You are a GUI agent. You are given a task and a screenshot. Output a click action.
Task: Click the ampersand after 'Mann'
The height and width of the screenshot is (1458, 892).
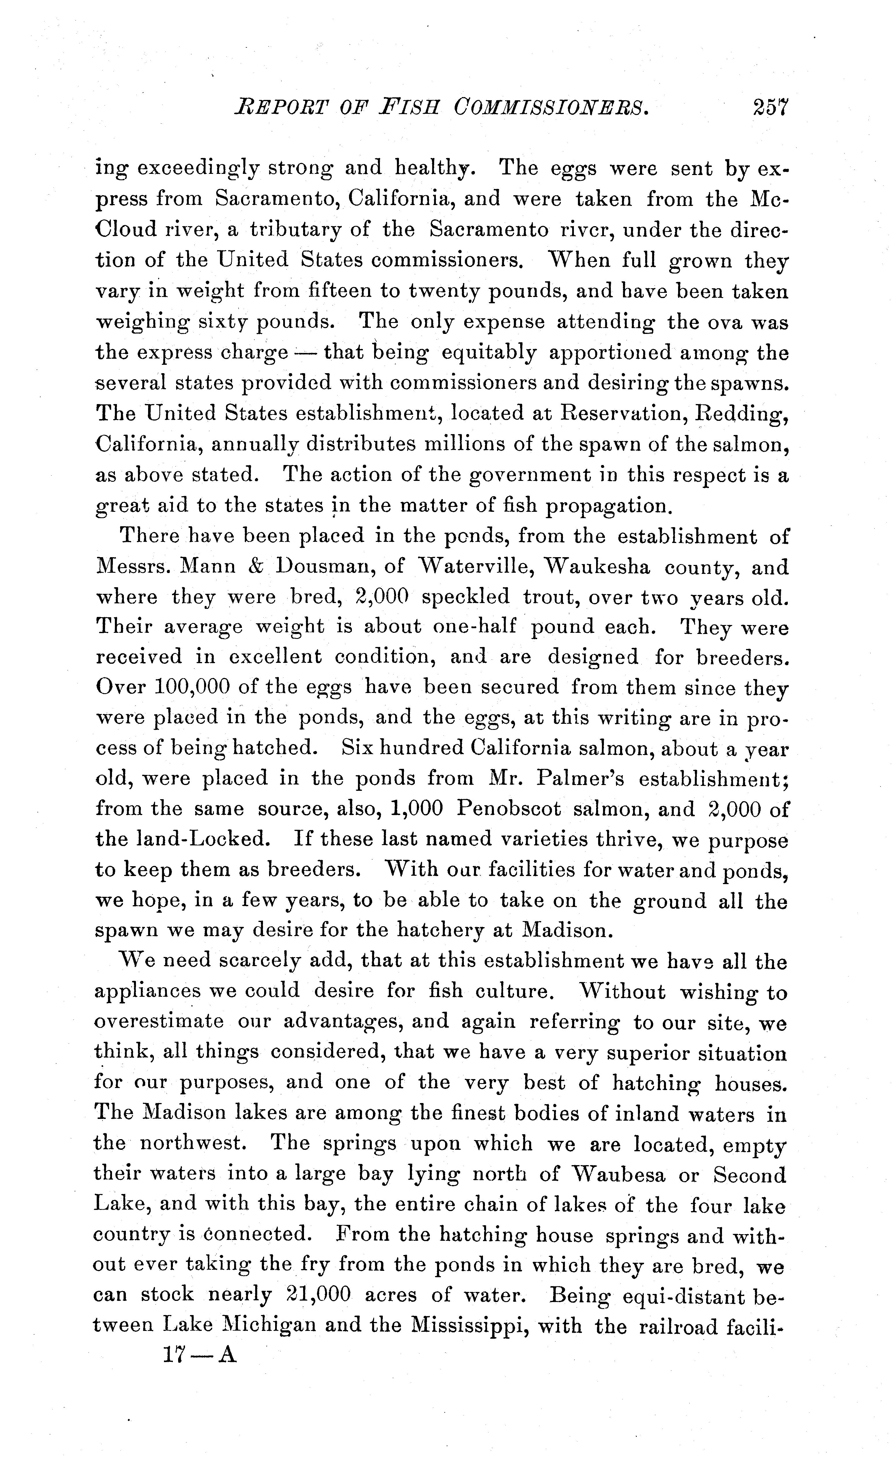pos(255,567)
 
